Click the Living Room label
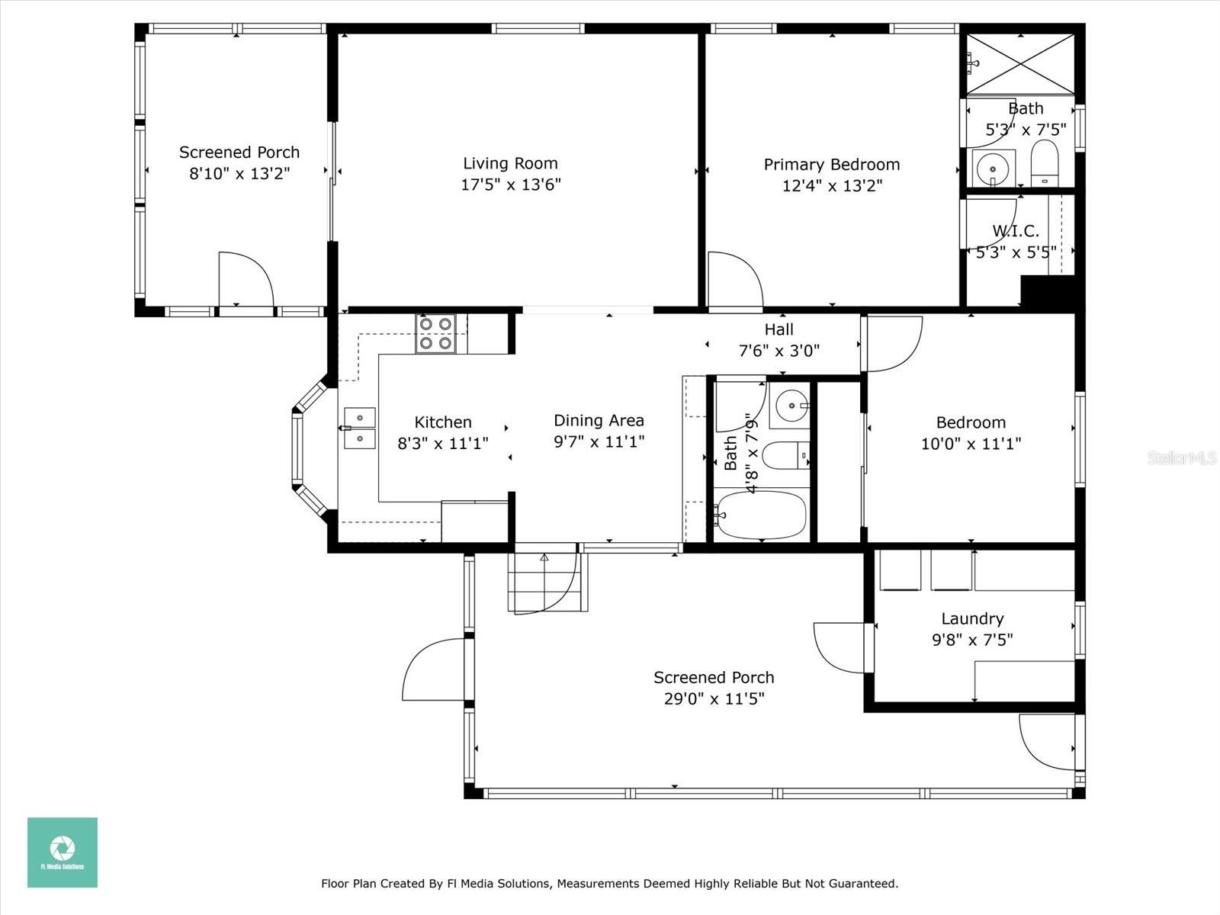510,163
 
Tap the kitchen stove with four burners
435,333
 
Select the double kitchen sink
359,429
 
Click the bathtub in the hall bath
761,515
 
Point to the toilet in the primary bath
1045,162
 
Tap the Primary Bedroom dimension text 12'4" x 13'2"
832,185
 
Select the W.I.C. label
1015,231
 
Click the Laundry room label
972,618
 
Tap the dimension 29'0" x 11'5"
714,698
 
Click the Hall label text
779,329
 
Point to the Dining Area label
599,420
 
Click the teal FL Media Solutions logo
63,852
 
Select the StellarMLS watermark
1182,457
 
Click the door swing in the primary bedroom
734,281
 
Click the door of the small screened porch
246,280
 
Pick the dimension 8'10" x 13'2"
239,173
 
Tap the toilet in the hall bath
786,456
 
